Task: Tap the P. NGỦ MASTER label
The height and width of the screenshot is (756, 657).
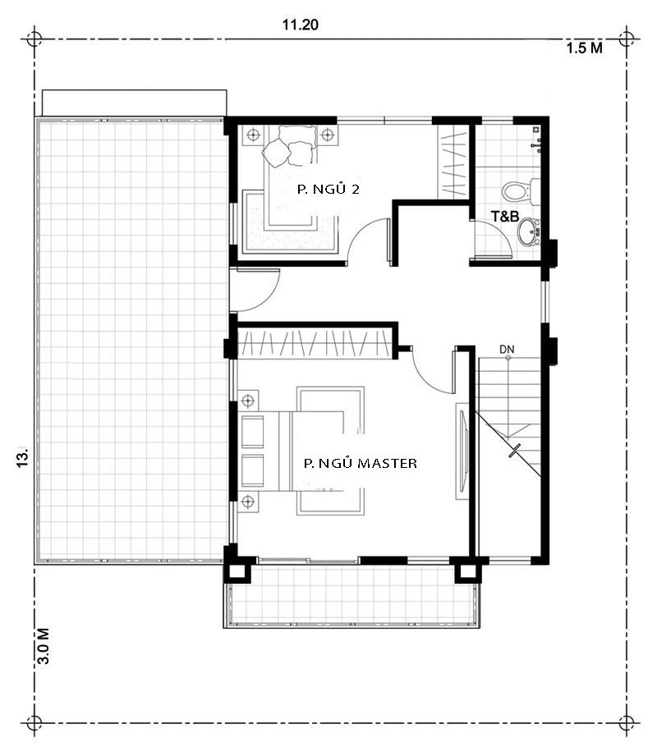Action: coord(360,464)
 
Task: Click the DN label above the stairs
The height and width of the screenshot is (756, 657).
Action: coord(507,351)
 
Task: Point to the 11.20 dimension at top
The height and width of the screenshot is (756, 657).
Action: coord(300,25)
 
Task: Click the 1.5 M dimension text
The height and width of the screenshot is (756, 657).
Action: coord(584,48)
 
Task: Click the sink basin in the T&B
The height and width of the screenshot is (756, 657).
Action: coord(527,233)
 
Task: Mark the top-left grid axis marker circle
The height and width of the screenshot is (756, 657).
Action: coord(34,38)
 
